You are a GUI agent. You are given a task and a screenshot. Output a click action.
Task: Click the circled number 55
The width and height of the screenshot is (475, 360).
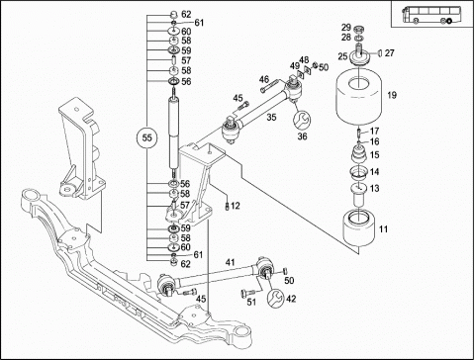[147, 137]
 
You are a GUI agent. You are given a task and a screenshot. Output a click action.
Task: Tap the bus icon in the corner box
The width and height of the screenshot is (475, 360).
[427, 15]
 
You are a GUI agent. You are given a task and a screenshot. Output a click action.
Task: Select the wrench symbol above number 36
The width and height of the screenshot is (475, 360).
[302, 120]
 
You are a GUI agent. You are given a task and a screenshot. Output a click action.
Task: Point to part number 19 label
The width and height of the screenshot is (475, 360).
[392, 95]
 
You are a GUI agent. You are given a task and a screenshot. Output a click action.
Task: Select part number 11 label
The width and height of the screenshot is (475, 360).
[383, 228]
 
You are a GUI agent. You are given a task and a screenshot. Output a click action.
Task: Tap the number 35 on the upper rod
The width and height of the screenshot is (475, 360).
[271, 117]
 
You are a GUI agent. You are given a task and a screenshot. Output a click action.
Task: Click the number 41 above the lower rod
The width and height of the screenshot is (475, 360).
[230, 262]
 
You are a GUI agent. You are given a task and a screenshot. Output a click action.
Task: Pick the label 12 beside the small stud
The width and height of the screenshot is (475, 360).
[236, 206]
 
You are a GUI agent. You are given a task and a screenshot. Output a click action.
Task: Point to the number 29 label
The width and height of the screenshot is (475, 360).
[346, 28]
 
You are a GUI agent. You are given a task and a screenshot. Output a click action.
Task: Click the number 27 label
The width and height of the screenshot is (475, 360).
[390, 53]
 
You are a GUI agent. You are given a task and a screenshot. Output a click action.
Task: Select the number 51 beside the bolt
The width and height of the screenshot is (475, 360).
[251, 302]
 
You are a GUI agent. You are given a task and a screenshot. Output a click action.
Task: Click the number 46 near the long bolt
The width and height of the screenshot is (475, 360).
[264, 79]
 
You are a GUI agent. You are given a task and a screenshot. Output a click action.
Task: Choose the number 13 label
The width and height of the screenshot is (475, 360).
[375, 189]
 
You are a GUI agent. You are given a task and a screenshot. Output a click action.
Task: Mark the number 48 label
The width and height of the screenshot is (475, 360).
[304, 59]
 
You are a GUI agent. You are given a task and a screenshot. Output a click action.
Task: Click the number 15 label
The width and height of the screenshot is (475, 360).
[375, 154]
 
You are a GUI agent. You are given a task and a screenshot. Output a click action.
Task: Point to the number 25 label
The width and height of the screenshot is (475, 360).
[342, 56]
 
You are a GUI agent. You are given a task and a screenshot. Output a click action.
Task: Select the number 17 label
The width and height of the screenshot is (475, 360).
[374, 132]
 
